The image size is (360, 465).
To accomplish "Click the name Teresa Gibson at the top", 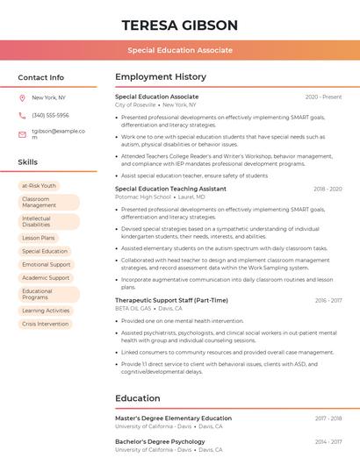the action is pyautogui.click(x=179, y=25).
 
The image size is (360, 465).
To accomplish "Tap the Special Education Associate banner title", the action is pyautogui.click(x=179, y=50).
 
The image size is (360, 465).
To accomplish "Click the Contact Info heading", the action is pyautogui.click(x=41, y=77).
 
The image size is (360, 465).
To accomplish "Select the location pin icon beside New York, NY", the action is pyautogui.click(x=22, y=97).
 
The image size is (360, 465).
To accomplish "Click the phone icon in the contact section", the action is pyautogui.click(x=22, y=115).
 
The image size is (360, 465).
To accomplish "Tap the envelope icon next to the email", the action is pyautogui.click(x=22, y=134).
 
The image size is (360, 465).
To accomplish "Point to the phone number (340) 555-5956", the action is pyautogui.click(x=50, y=115).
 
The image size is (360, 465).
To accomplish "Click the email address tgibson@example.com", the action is pyautogui.click(x=58, y=134).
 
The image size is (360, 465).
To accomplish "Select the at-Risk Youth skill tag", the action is pyautogui.click(x=39, y=185).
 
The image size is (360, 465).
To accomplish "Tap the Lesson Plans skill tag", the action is pyautogui.click(x=39, y=238).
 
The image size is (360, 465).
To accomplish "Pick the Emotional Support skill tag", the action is pyautogui.click(x=47, y=264).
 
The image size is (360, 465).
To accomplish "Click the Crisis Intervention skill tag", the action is pyautogui.click(x=46, y=324).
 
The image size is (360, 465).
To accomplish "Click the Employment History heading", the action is pyautogui.click(x=161, y=77).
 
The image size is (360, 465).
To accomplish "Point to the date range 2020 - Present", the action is pyautogui.click(x=323, y=97).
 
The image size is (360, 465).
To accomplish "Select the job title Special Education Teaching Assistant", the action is pyautogui.click(x=170, y=189).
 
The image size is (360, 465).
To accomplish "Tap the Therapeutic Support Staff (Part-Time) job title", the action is pyautogui.click(x=171, y=300).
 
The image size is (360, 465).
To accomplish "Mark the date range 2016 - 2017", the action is pyautogui.click(x=328, y=300).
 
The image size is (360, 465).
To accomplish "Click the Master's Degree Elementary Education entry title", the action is pyautogui.click(x=173, y=418).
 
